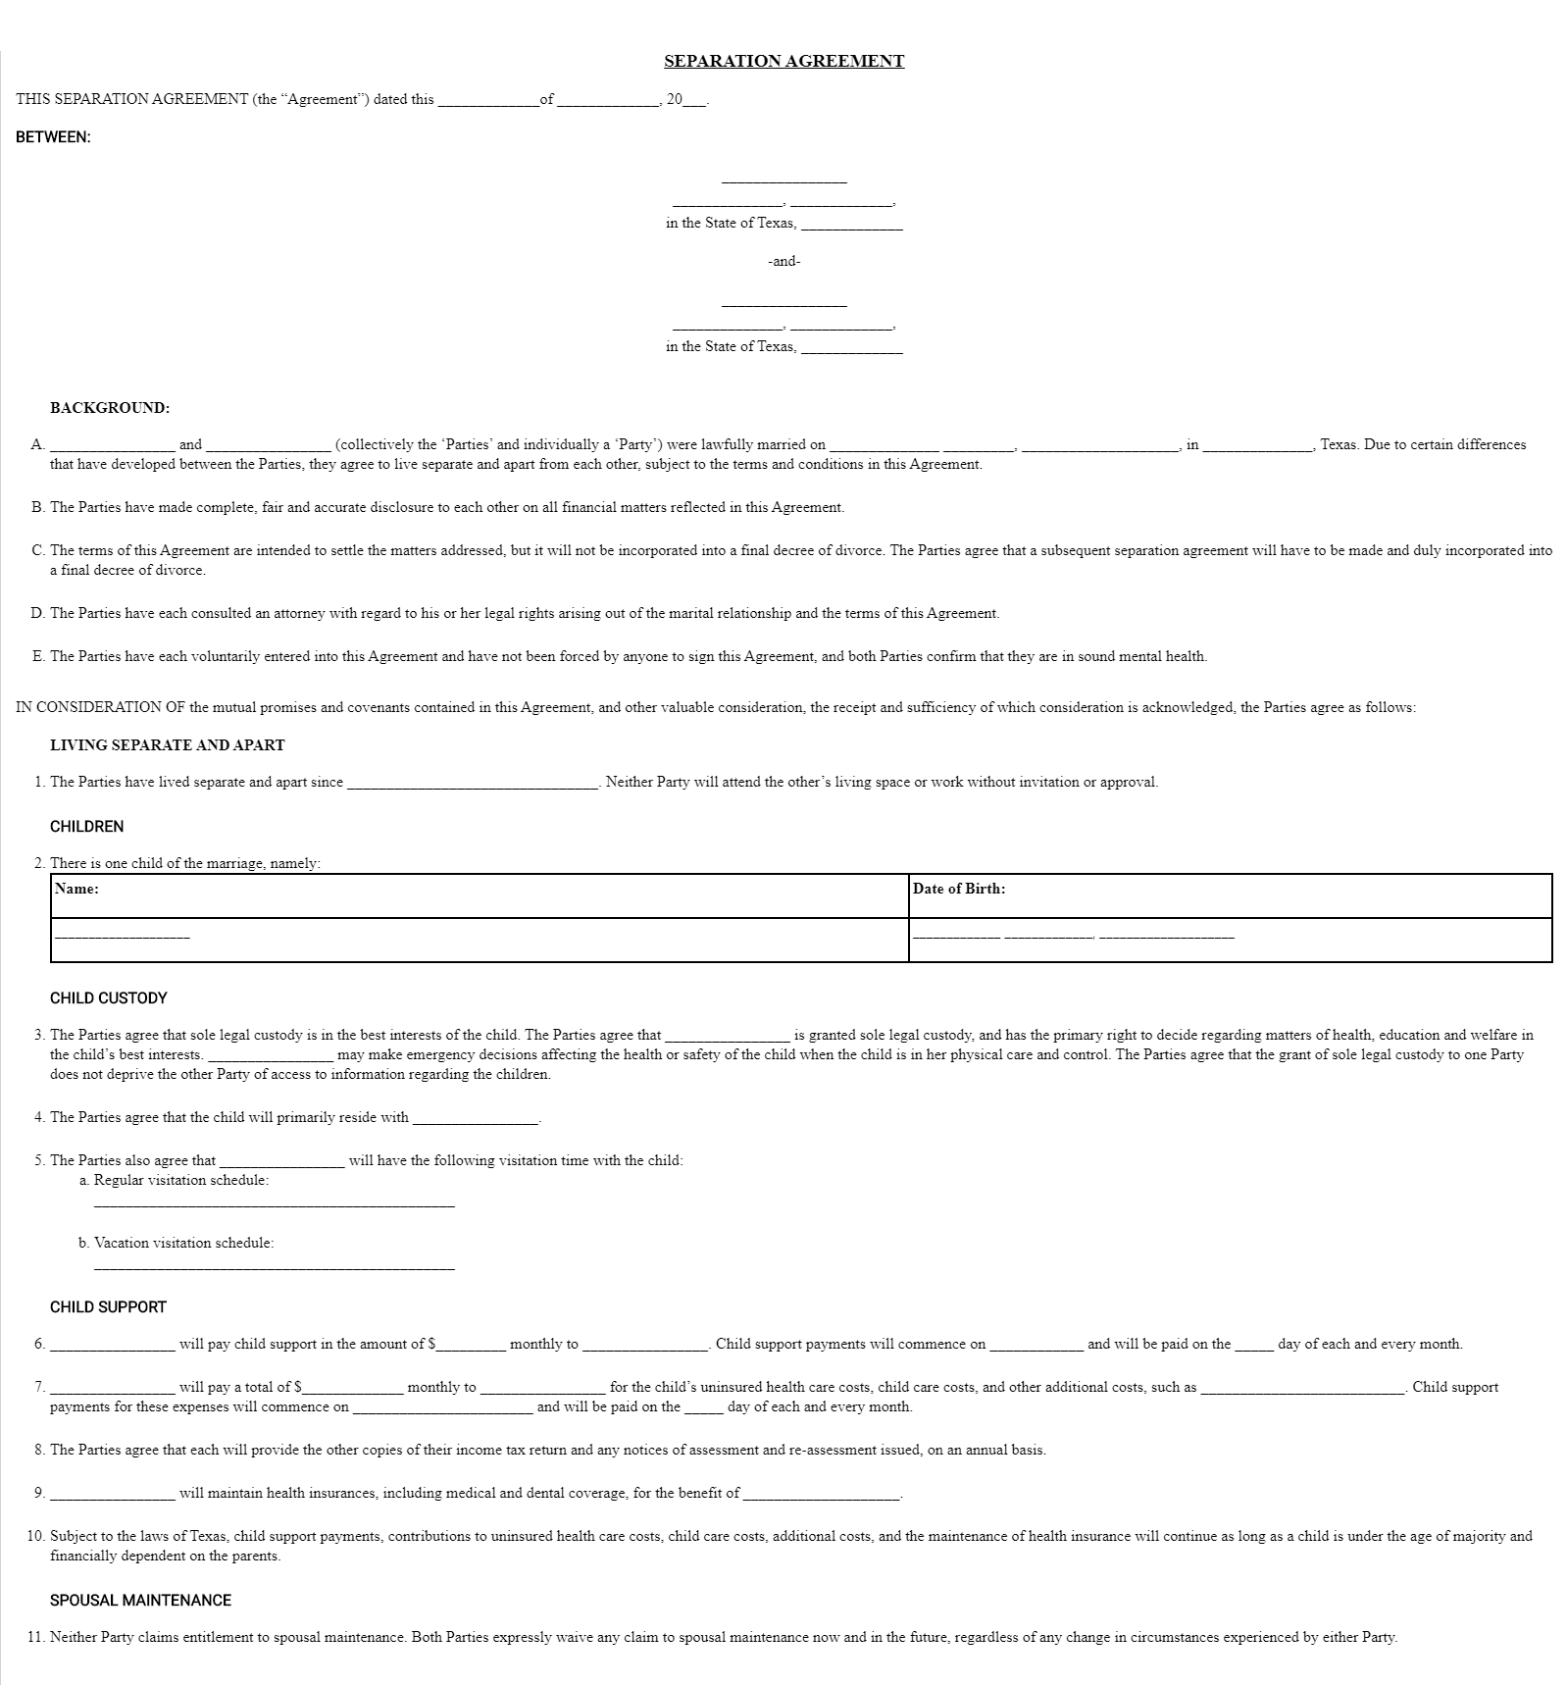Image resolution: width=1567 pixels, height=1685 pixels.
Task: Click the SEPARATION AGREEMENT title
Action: [x=783, y=61]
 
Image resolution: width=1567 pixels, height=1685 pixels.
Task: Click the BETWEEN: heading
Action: [x=53, y=137]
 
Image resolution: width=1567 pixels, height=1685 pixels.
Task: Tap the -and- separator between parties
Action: [x=783, y=262]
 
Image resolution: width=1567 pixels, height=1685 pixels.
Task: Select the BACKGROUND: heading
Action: [x=110, y=408]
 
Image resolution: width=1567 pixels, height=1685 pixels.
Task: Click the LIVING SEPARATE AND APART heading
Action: [x=168, y=745]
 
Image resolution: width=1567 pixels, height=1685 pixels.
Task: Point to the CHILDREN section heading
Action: [x=87, y=827]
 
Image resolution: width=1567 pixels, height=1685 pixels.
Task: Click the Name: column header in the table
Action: [x=76, y=890]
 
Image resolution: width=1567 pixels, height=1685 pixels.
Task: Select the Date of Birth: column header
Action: [x=958, y=890]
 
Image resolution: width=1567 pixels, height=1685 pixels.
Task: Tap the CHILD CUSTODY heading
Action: [x=109, y=998]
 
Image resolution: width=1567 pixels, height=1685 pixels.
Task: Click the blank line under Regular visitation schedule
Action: [x=275, y=1203]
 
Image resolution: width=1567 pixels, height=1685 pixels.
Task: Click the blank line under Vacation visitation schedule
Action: [x=275, y=1267]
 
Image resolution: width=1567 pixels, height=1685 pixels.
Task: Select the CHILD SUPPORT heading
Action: [x=109, y=1307]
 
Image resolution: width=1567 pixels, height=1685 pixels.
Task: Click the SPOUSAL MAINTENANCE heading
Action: [x=141, y=1601]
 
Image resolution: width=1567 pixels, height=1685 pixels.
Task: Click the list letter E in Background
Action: [x=38, y=657]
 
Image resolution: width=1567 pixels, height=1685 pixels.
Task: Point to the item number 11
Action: [x=36, y=1638]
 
